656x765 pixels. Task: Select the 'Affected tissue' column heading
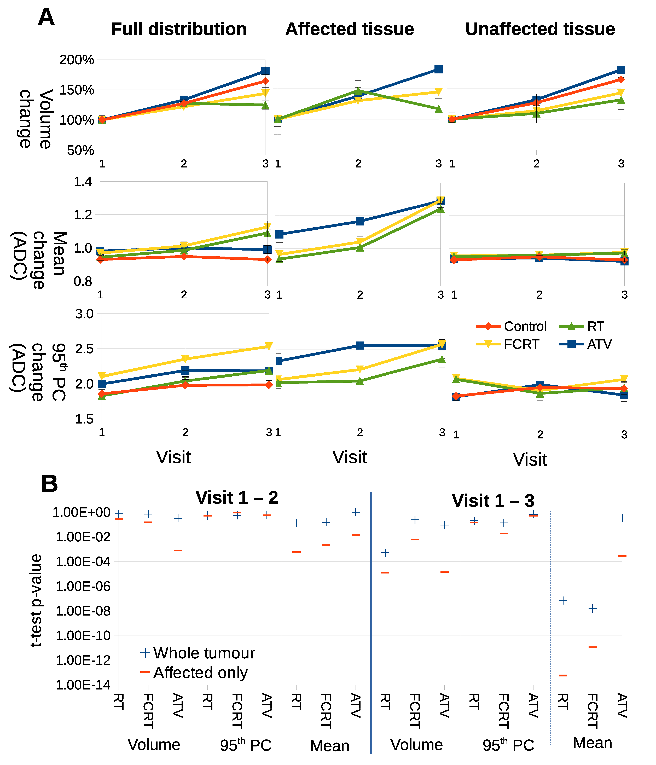click(350, 29)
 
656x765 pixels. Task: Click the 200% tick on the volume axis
click(77, 60)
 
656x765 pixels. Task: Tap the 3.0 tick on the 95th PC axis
click(84, 314)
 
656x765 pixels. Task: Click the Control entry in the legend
click(525, 326)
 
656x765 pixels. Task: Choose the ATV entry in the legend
click(599, 344)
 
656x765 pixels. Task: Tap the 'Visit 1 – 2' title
click(237, 498)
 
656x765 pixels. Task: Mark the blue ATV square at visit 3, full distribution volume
click(265, 71)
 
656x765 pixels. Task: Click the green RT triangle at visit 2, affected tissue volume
click(358, 91)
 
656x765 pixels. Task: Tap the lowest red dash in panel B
click(563, 675)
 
